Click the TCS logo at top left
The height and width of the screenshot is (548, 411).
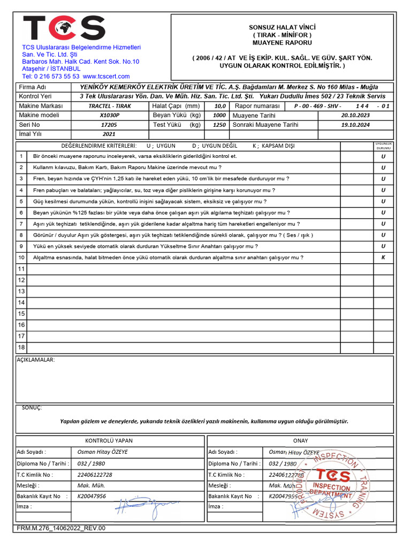pos(64,28)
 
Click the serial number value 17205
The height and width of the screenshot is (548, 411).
pos(109,125)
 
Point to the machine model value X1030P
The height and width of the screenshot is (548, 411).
pos(110,115)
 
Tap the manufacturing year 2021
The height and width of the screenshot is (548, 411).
pos(109,134)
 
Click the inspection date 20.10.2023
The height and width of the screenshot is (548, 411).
pos(355,115)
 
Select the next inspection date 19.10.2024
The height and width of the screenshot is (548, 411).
pos(355,125)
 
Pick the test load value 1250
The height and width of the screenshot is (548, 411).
pos(219,125)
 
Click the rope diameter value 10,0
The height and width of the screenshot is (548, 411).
pos(219,106)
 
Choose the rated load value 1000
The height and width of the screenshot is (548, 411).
pos(219,115)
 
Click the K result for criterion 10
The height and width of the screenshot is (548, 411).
pos(383,257)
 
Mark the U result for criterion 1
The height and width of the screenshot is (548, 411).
pos(383,156)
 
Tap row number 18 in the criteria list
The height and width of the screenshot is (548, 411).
pos(21,347)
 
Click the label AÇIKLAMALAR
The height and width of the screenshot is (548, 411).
pos(36,360)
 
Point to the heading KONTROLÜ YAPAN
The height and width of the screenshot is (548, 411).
pos(109,440)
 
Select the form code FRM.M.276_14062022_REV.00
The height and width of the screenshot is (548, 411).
pos(61,528)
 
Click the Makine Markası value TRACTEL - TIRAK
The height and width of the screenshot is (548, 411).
pos(109,106)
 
